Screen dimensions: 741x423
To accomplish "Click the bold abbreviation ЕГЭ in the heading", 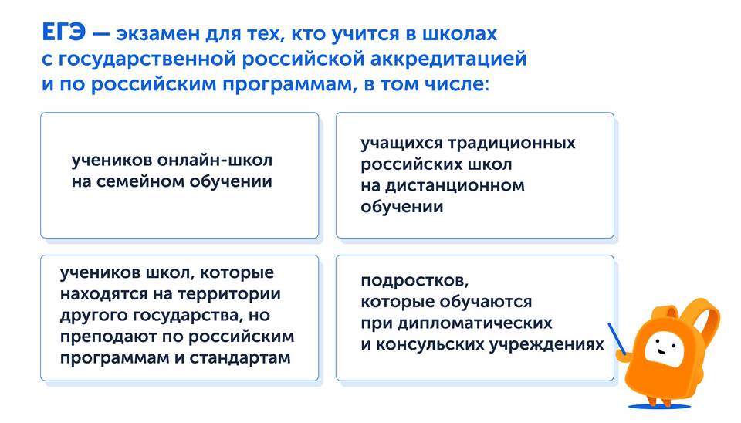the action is (63, 33).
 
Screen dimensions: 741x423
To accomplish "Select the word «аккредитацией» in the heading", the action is (448, 59).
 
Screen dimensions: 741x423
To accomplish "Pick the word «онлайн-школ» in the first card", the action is (215, 161).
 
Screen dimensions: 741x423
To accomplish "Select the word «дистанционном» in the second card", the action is (455, 185).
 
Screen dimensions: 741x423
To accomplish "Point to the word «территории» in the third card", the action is (229, 295).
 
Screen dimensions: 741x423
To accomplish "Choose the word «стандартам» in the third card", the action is (240, 358).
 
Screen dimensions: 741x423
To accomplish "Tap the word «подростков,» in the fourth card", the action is (414, 281).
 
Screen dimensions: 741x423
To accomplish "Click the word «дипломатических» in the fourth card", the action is (475, 323).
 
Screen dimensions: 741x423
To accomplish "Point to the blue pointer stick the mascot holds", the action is (617, 338).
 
